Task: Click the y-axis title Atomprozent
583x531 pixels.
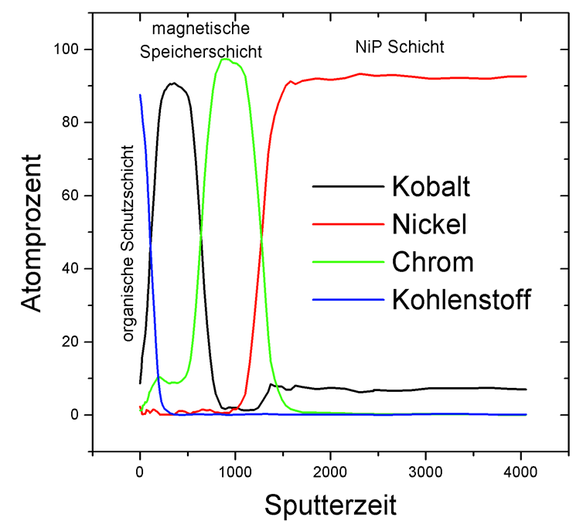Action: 32,232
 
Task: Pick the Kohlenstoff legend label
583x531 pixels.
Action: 461,299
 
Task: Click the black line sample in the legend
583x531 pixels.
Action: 347,186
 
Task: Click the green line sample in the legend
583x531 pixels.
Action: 347,262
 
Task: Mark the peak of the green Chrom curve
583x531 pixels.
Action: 225,59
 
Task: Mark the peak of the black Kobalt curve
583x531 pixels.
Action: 174,83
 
